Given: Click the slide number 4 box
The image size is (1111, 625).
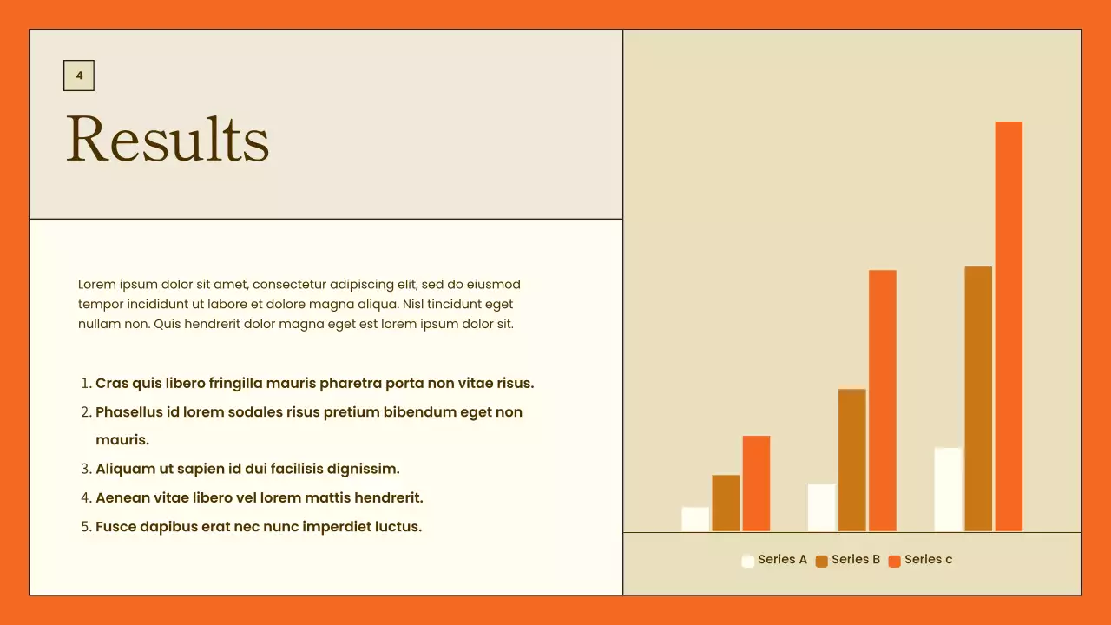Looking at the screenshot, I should click(x=79, y=76).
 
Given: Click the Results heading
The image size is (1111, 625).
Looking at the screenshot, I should click(x=168, y=139).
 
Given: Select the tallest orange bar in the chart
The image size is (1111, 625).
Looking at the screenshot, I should click(x=1009, y=326).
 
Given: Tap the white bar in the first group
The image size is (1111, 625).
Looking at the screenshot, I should click(x=695, y=519).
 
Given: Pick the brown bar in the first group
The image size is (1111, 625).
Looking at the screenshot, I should click(x=726, y=503).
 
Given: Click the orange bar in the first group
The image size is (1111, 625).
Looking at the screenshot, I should click(x=756, y=483).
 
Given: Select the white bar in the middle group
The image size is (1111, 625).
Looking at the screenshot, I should click(x=821, y=507).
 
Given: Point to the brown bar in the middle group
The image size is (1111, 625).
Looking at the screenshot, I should click(x=852, y=460).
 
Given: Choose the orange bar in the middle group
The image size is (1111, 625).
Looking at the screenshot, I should click(x=883, y=400).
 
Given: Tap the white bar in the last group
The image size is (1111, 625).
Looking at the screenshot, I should click(x=948, y=489).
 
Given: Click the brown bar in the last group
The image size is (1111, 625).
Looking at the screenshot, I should click(x=978, y=398).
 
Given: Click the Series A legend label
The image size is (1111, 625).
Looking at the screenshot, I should click(x=782, y=560).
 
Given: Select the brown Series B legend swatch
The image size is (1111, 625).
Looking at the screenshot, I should click(x=822, y=561).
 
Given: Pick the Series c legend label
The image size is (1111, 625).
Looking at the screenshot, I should click(x=928, y=560).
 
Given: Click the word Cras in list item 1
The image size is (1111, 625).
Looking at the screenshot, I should click(x=112, y=384).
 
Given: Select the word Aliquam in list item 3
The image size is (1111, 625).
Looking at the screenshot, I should click(x=122, y=469).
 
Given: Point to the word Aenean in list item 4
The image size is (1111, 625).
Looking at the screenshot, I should click(x=122, y=498).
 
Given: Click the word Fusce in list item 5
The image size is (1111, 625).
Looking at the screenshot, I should click(x=115, y=527).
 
